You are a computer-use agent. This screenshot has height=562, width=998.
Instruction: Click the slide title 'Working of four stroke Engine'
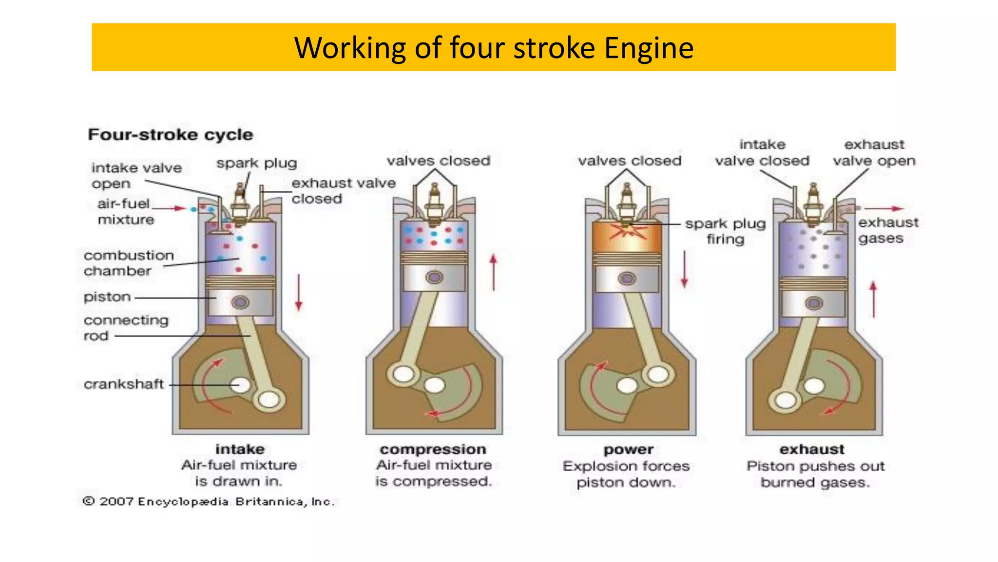494,48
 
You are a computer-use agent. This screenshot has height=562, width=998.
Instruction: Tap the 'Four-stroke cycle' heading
171,135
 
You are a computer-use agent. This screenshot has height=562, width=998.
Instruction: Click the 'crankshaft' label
124,384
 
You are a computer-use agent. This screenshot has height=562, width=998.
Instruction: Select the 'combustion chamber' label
129,263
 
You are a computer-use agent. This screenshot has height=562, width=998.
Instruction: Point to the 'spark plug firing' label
725,231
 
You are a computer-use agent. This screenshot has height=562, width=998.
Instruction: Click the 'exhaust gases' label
888,230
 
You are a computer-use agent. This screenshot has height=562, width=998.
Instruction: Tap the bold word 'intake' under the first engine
240,449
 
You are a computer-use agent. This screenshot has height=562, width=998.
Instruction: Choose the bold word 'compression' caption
433,449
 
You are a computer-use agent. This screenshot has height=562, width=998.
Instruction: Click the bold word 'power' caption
629,449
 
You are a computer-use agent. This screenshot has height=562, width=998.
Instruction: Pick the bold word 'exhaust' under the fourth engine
812,449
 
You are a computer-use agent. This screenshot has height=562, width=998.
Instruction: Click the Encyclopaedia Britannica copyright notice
209,502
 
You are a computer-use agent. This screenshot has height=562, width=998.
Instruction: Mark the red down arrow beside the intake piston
299,292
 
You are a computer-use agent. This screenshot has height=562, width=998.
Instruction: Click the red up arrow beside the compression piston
494,272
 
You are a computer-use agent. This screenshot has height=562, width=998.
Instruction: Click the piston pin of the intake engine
240,302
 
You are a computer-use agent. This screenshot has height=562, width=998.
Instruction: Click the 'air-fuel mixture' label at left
125,211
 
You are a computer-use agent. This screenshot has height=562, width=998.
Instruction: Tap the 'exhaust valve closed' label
344,191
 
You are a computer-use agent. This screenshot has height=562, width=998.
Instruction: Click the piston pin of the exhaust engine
814,303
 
